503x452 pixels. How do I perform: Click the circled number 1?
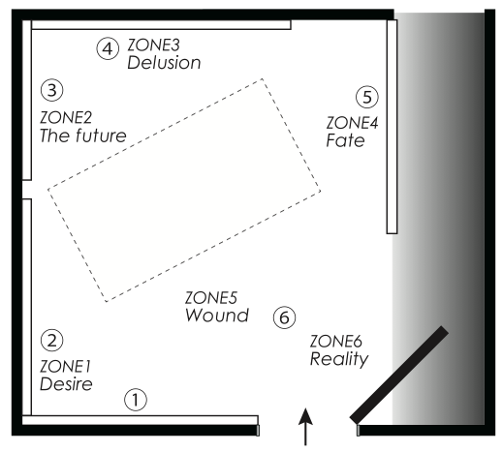pos(136,400)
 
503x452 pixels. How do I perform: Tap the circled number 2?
pos(52,340)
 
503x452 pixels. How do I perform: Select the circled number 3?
pos(52,90)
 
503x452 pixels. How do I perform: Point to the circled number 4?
pos(108,48)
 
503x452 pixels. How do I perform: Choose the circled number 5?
pos(367,97)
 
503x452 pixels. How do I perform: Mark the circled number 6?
pos(284,317)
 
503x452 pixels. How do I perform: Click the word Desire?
pos(66,384)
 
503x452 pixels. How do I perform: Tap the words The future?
pos(83,136)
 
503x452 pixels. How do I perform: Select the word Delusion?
pos(164,63)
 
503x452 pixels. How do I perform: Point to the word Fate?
pos(346,140)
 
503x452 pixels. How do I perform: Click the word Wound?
pos(217,316)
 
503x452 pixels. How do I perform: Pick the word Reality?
pos(339,359)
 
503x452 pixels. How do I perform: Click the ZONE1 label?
pos(66,366)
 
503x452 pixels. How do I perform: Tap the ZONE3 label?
pos(153,45)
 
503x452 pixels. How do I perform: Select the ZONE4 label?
pos(352,123)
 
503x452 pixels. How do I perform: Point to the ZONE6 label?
pos(336,342)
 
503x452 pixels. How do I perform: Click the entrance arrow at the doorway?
pos(305,427)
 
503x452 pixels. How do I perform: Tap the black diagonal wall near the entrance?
pos(399,375)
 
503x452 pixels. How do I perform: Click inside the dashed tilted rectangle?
pos(184,191)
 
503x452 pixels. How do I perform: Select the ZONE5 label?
pos(211,298)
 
